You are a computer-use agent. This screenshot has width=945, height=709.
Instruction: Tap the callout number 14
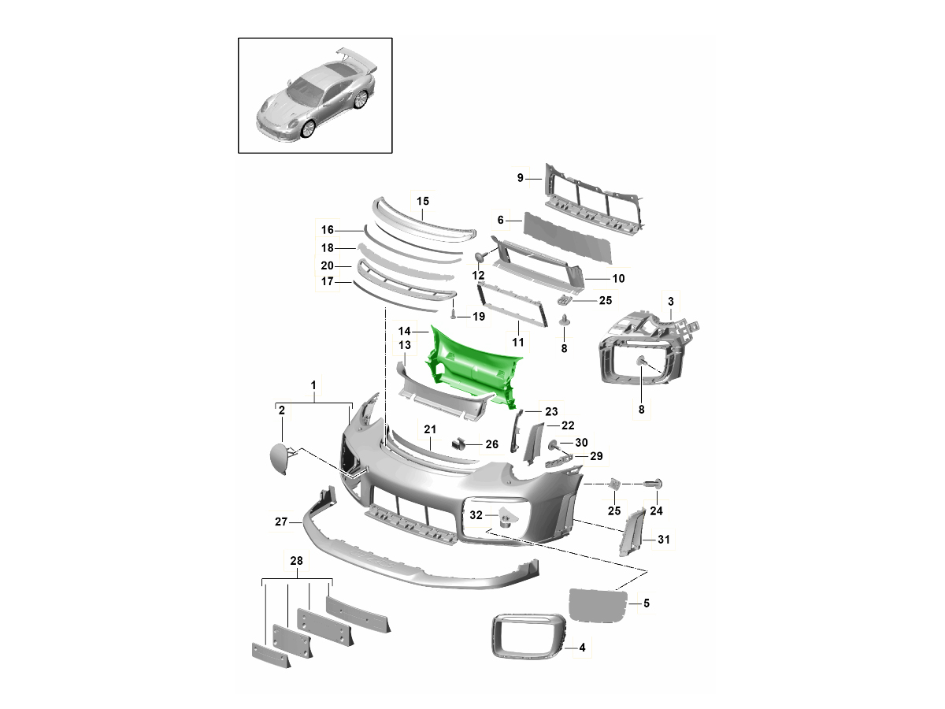(404, 331)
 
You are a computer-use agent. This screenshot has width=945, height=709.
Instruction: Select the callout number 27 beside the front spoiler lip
(281, 522)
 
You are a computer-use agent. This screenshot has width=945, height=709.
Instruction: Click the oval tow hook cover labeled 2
(280, 459)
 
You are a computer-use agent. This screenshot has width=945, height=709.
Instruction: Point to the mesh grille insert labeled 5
(598, 605)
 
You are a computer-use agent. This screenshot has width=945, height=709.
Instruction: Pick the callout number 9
(520, 178)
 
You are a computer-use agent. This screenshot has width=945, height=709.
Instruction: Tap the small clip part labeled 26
(458, 444)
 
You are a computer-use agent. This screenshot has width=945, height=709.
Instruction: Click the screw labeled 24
(653, 484)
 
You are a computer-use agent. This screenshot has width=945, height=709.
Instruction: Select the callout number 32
(476, 515)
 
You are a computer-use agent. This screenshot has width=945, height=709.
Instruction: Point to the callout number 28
(296, 561)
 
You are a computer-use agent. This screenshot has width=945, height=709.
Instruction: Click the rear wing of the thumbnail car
(357, 61)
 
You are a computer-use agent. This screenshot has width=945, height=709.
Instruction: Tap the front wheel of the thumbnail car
(309, 128)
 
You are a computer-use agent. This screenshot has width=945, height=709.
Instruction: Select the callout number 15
(423, 201)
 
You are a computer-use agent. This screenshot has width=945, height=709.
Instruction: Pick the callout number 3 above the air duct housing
(671, 302)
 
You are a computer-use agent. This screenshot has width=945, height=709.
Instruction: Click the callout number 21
(430, 429)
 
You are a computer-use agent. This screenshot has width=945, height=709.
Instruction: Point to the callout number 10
(618, 279)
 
